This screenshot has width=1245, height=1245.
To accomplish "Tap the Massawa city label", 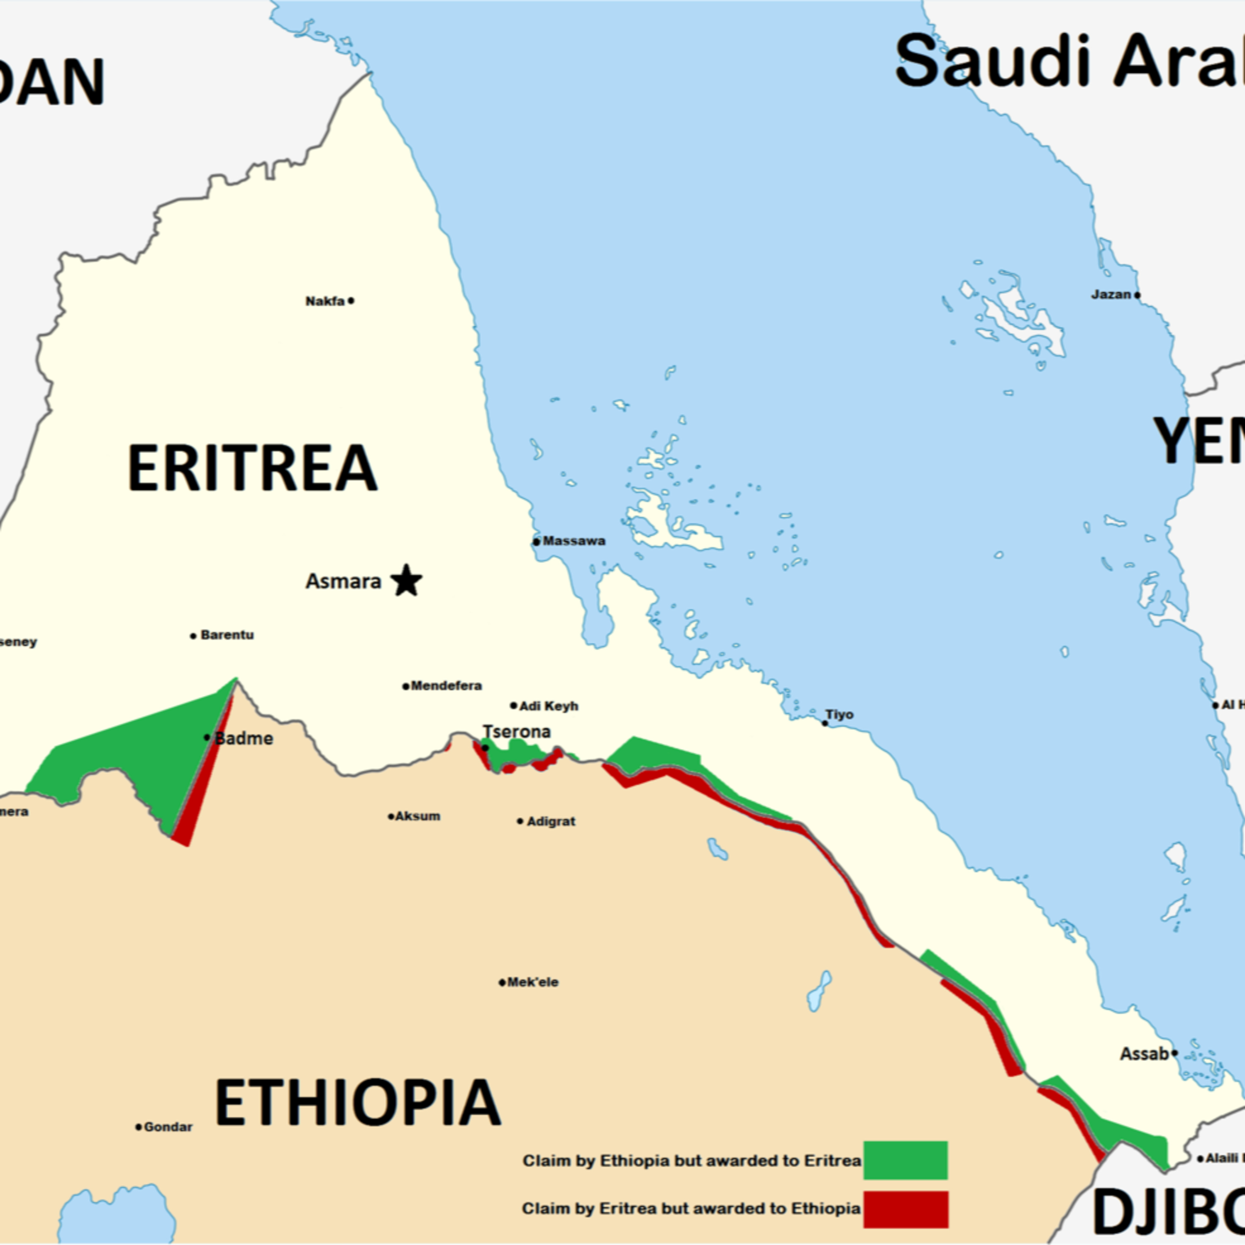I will [574, 541].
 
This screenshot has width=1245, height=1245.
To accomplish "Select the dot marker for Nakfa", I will [351, 300].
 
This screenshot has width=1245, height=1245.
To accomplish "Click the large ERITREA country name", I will [252, 469].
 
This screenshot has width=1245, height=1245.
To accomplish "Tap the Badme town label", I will [244, 739].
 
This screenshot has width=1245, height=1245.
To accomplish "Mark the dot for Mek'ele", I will [502, 983].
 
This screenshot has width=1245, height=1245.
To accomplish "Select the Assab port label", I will [1144, 1054].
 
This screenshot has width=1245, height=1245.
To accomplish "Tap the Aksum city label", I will [417, 816].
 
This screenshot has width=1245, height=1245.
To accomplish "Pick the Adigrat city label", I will [551, 822].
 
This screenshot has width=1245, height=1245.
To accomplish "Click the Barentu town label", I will [227, 635].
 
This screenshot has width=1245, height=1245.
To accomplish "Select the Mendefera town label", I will [446, 686].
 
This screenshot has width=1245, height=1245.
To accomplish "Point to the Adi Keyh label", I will [548, 706].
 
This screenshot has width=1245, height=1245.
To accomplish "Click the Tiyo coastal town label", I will [840, 715].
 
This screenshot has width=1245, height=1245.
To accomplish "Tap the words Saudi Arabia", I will [1070, 63].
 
